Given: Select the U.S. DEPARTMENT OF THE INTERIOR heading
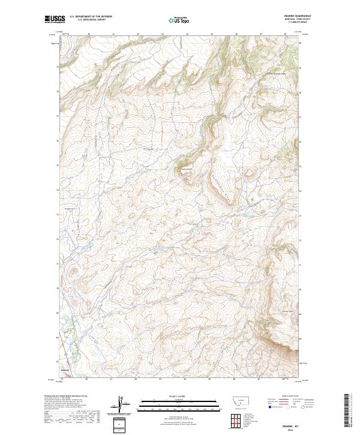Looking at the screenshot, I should pos(91,17).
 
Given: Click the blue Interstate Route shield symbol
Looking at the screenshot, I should pos(269,407).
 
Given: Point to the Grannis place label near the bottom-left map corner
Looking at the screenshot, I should pos(65,370).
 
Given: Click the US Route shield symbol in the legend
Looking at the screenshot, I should pos(287,407).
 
